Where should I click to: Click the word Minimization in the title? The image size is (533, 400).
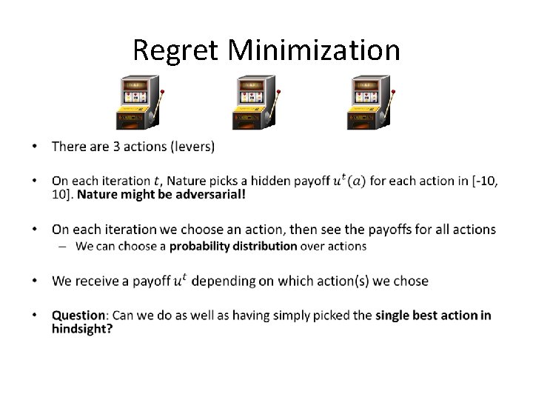(x=314, y=50)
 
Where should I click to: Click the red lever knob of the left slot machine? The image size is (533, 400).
(x=162, y=92)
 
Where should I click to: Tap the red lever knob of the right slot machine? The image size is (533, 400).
(x=393, y=92)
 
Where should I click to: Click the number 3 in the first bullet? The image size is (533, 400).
(x=116, y=146)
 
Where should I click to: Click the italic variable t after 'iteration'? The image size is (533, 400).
(x=155, y=181)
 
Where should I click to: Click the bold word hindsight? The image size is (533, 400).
(x=82, y=328)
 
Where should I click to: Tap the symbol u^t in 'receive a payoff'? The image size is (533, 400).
(x=180, y=280)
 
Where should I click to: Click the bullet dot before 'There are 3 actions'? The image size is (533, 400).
(x=35, y=147)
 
